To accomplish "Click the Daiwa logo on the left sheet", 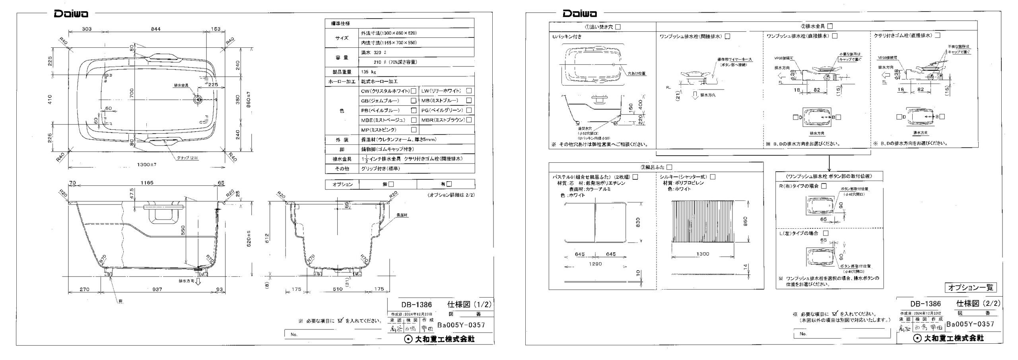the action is point(71,14).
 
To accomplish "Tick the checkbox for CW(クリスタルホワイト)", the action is point(414,91).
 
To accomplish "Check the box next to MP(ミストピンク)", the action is point(414,130).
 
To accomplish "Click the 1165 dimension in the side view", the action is point(147,183).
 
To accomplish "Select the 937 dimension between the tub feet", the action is point(157,289).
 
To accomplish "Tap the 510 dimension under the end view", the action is point(338,289).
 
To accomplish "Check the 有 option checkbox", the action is point(449,184).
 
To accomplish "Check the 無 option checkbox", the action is point(391,184).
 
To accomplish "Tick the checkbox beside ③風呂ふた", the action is point(669,167).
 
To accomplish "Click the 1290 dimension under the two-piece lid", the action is point(595,264).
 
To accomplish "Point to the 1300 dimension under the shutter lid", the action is point(703,254).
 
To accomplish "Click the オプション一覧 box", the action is point(971,287).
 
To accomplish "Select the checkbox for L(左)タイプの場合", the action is point(826,233).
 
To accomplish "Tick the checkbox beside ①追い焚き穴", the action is point(618,27).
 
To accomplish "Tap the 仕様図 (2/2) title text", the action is point(978,304).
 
